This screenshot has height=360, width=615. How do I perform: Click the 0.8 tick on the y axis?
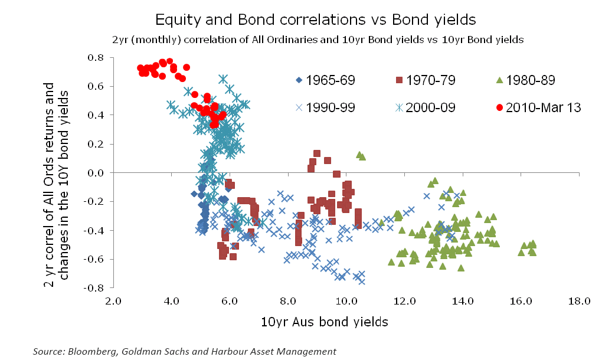click(x=96, y=58)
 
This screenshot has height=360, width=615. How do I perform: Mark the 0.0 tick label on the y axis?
click(x=96, y=173)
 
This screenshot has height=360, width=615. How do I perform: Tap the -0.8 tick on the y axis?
click(x=94, y=288)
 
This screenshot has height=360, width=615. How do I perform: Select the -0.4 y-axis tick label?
click(x=94, y=231)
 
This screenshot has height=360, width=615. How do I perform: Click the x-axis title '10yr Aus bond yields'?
click(x=324, y=322)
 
